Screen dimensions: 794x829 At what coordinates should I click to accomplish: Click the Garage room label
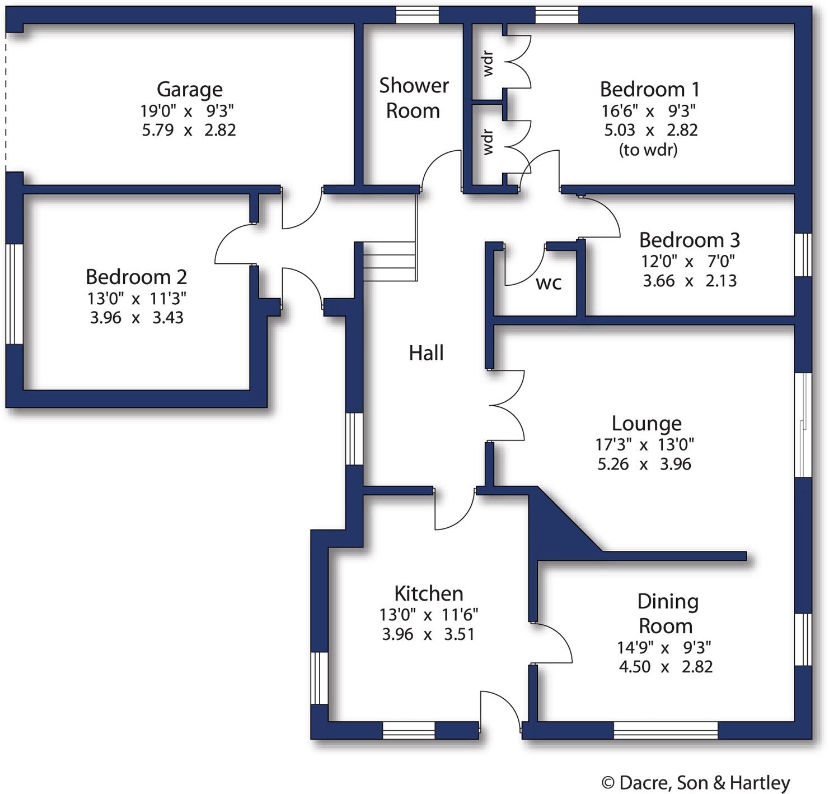point(189,89)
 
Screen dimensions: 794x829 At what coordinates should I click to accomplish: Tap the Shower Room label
point(413,98)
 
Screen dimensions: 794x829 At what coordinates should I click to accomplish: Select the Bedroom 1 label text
point(649,89)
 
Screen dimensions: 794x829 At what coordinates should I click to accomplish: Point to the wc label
point(548,283)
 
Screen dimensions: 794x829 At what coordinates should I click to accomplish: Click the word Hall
point(426,353)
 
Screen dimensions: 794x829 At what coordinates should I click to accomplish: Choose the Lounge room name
point(646,423)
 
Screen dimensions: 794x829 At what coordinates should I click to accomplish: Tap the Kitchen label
point(428,593)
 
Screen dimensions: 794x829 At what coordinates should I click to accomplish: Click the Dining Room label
point(667,613)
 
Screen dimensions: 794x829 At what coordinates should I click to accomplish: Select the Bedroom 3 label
point(689,240)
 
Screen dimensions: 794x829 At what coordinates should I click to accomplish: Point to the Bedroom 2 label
point(136,276)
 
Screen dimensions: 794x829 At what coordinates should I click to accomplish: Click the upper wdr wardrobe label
point(488,63)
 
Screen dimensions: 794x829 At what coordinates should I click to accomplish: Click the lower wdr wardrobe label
point(488,142)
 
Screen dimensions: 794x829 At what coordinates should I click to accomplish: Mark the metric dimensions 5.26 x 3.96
point(644,464)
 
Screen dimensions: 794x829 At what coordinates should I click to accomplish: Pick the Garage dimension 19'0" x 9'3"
point(187,110)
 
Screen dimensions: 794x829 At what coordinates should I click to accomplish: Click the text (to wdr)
point(648,150)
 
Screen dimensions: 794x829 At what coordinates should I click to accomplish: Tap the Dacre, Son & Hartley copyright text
point(695,782)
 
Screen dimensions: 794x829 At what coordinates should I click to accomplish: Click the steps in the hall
point(389,262)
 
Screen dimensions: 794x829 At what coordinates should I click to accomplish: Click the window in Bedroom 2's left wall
point(14,294)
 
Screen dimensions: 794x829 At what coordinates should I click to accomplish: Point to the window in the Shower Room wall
point(417,15)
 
